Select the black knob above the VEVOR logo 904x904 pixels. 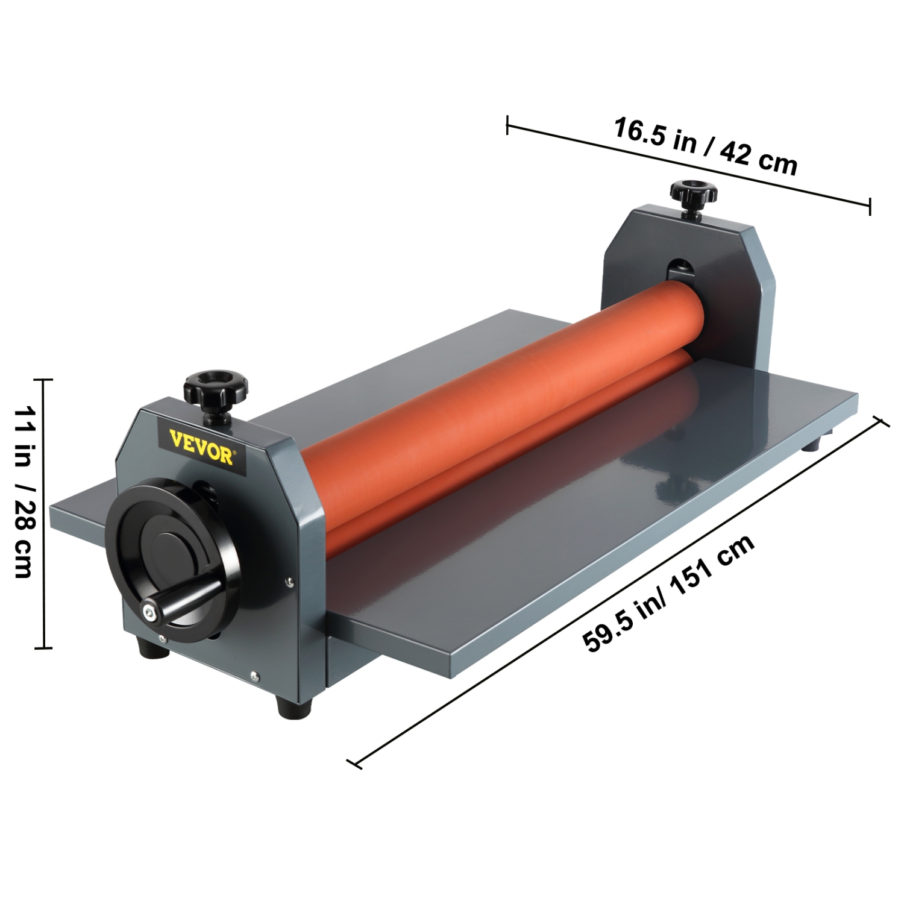[216, 388]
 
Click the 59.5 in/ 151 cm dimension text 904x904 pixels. [669, 594]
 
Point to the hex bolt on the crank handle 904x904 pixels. [149, 612]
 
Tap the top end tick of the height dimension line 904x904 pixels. [43, 380]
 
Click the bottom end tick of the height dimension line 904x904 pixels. [43, 648]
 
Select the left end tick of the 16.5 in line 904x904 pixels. [507, 125]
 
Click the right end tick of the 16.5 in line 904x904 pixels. [870, 206]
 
